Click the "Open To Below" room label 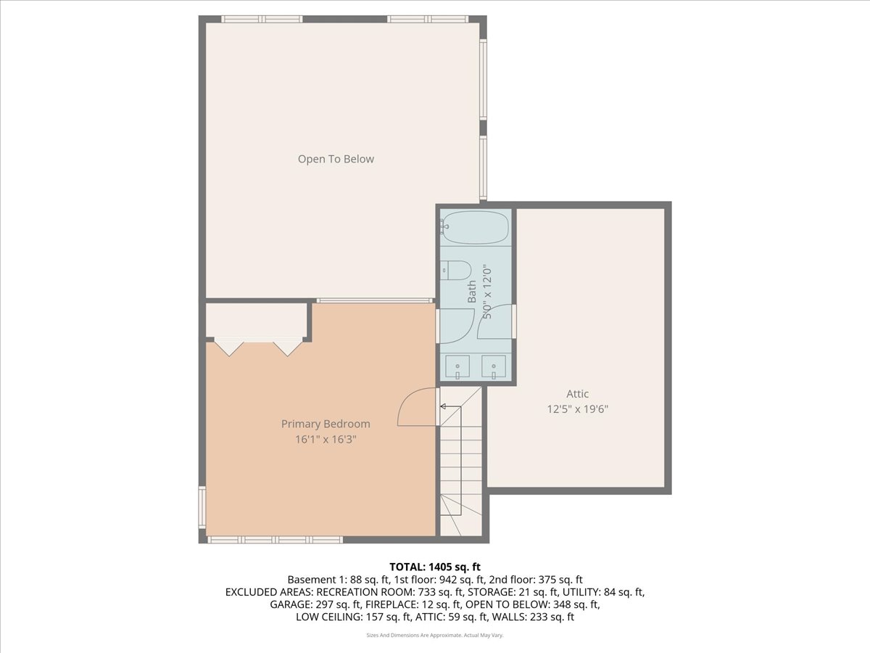point(336,159)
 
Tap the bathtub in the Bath point(475,227)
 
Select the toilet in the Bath point(456,271)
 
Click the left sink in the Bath point(457,366)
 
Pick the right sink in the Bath point(494,366)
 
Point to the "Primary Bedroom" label point(326,424)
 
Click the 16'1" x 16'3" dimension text point(326,439)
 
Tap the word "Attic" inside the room point(578,394)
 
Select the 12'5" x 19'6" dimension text point(578,408)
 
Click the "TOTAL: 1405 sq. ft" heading point(435,567)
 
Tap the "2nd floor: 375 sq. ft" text point(536,580)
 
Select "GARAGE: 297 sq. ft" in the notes point(316,604)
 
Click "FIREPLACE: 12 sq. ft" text point(413,604)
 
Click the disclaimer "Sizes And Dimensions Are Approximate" point(414,635)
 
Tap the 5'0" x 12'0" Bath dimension point(487,292)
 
